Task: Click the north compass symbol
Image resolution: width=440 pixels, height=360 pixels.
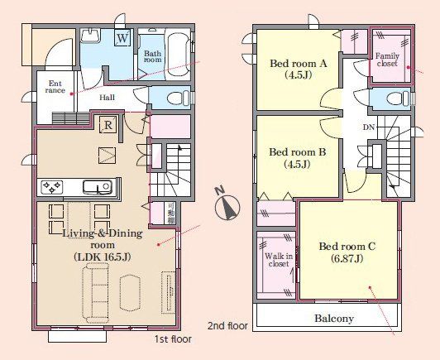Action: click(x=227, y=205)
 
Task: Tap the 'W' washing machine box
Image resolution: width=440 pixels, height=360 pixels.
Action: click(x=122, y=37)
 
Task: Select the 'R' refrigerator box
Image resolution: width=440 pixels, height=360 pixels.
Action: click(x=108, y=125)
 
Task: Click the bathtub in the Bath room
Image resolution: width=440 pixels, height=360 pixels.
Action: click(x=179, y=54)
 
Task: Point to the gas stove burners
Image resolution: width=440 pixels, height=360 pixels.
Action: click(x=52, y=187)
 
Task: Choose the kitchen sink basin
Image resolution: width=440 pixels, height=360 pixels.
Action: click(x=98, y=187)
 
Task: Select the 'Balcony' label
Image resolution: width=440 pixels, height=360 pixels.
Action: click(x=334, y=319)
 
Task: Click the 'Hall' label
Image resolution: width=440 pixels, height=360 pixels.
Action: click(x=108, y=98)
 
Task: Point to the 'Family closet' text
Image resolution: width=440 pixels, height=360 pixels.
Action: click(x=387, y=60)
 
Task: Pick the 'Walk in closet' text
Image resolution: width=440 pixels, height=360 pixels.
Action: click(x=279, y=260)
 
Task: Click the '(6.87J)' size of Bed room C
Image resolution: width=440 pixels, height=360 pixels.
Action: click(x=347, y=258)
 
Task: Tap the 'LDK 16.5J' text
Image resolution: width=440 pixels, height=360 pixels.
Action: click(x=103, y=257)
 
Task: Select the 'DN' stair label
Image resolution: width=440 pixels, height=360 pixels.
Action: click(x=369, y=127)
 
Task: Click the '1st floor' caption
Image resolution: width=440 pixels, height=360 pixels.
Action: click(x=173, y=339)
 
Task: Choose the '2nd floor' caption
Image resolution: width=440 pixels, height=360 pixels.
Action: click(x=227, y=326)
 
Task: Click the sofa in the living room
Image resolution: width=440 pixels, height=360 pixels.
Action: click(x=96, y=293)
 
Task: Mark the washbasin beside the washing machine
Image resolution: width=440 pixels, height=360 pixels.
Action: click(x=90, y=36)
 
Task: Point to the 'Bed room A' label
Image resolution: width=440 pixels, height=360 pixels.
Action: click(x=299, y=64)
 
